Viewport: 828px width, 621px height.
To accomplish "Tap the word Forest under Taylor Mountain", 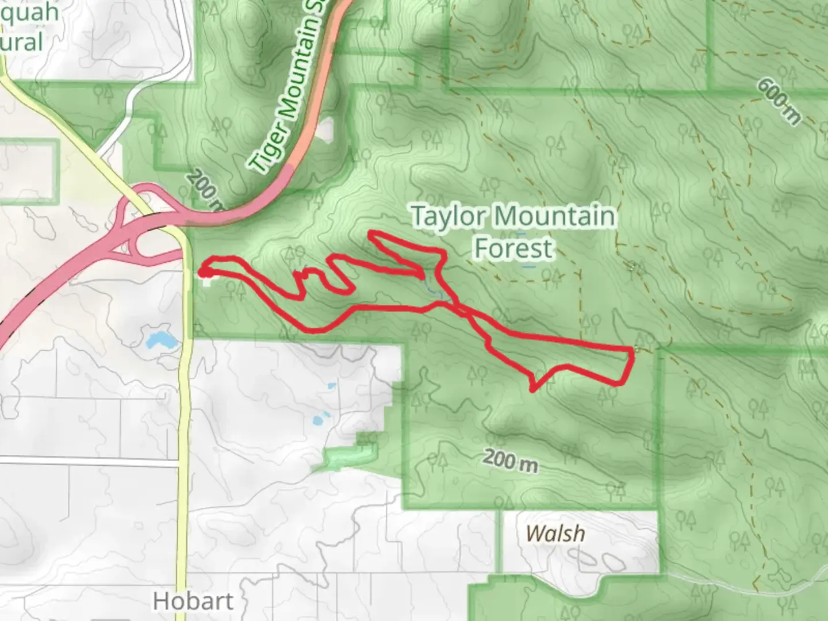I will point(513,248).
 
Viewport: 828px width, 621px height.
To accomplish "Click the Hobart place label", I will point(193,601).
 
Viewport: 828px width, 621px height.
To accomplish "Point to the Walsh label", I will point(555,534).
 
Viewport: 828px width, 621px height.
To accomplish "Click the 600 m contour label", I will point(779,101).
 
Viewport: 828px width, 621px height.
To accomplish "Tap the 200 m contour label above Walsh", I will point(510,461).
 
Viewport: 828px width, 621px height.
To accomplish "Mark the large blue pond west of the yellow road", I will point(161,340).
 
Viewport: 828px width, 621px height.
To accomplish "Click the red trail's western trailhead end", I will point(202,269).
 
